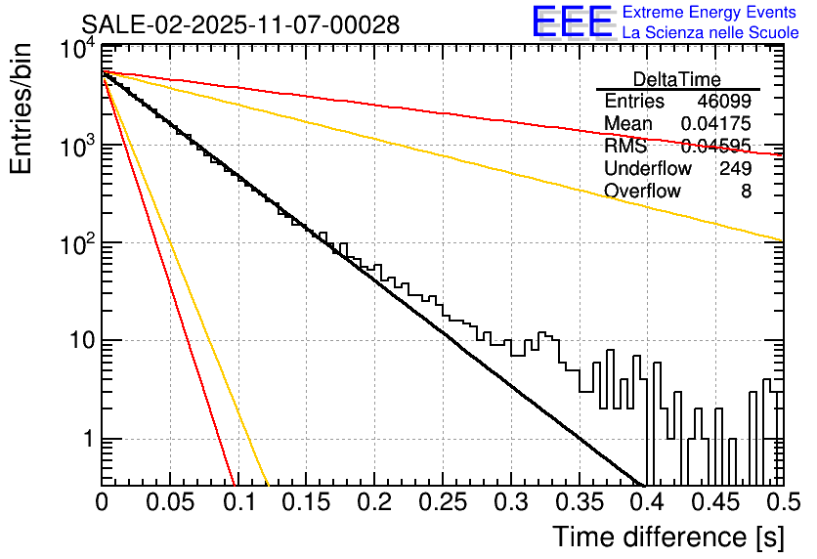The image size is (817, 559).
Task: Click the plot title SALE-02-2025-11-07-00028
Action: click(x=240, y=25)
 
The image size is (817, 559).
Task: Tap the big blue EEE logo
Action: click(x=572, y=23)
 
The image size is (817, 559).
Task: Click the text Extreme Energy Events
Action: click(x=709, y=13)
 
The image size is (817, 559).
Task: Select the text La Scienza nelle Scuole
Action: click(x=710, y=33)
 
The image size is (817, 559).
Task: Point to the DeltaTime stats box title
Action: click(x=677, y=79)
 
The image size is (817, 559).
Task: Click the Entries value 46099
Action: click(x=724, y=102)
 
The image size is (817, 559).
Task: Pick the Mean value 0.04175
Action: click(x=715, y=124)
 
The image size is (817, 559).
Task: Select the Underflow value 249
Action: click(x=734, y=169)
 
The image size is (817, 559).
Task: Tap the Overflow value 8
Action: click(x=746, y=192)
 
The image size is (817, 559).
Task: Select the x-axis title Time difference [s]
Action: click(x=667, y=537)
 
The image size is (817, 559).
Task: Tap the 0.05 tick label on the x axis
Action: click(x=169, y=502)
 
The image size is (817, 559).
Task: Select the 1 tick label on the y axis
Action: click(x=86, y=439)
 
